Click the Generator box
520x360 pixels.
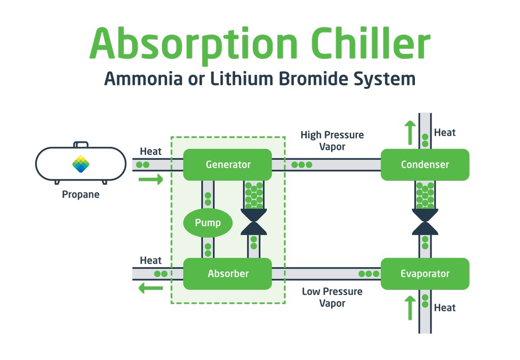[227, 165]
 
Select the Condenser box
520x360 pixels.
[425, 165]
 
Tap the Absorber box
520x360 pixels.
[227, 274]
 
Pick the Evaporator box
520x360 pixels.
[425, 274]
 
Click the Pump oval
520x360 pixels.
[208, 222]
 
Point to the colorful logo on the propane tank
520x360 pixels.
[81, 164]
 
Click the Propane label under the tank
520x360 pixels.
[81, 194]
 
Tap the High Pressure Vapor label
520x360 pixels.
[332, 141]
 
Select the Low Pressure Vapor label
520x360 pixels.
[332, 297]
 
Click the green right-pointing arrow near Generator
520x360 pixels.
[151, 179]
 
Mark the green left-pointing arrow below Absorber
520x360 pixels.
[151, 288]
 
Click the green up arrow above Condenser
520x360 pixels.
[410, 133]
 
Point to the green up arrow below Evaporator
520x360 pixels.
[410, 308]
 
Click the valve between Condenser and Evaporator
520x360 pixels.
[425, 222]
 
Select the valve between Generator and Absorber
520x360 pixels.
[254, 222]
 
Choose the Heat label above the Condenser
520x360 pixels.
[445, 133]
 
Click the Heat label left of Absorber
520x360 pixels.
[150, 260]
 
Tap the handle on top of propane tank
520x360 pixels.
[81, 144]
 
